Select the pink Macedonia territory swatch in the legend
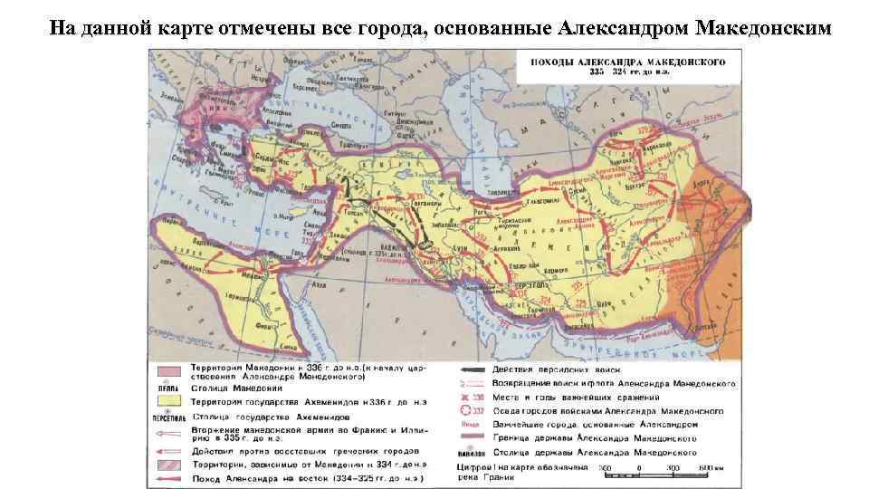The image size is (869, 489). coord(166,373)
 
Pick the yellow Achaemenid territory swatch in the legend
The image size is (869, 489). coord(166,401)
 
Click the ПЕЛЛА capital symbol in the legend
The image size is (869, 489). coord(165,387)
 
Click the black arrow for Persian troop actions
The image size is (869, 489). coord(468,369)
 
